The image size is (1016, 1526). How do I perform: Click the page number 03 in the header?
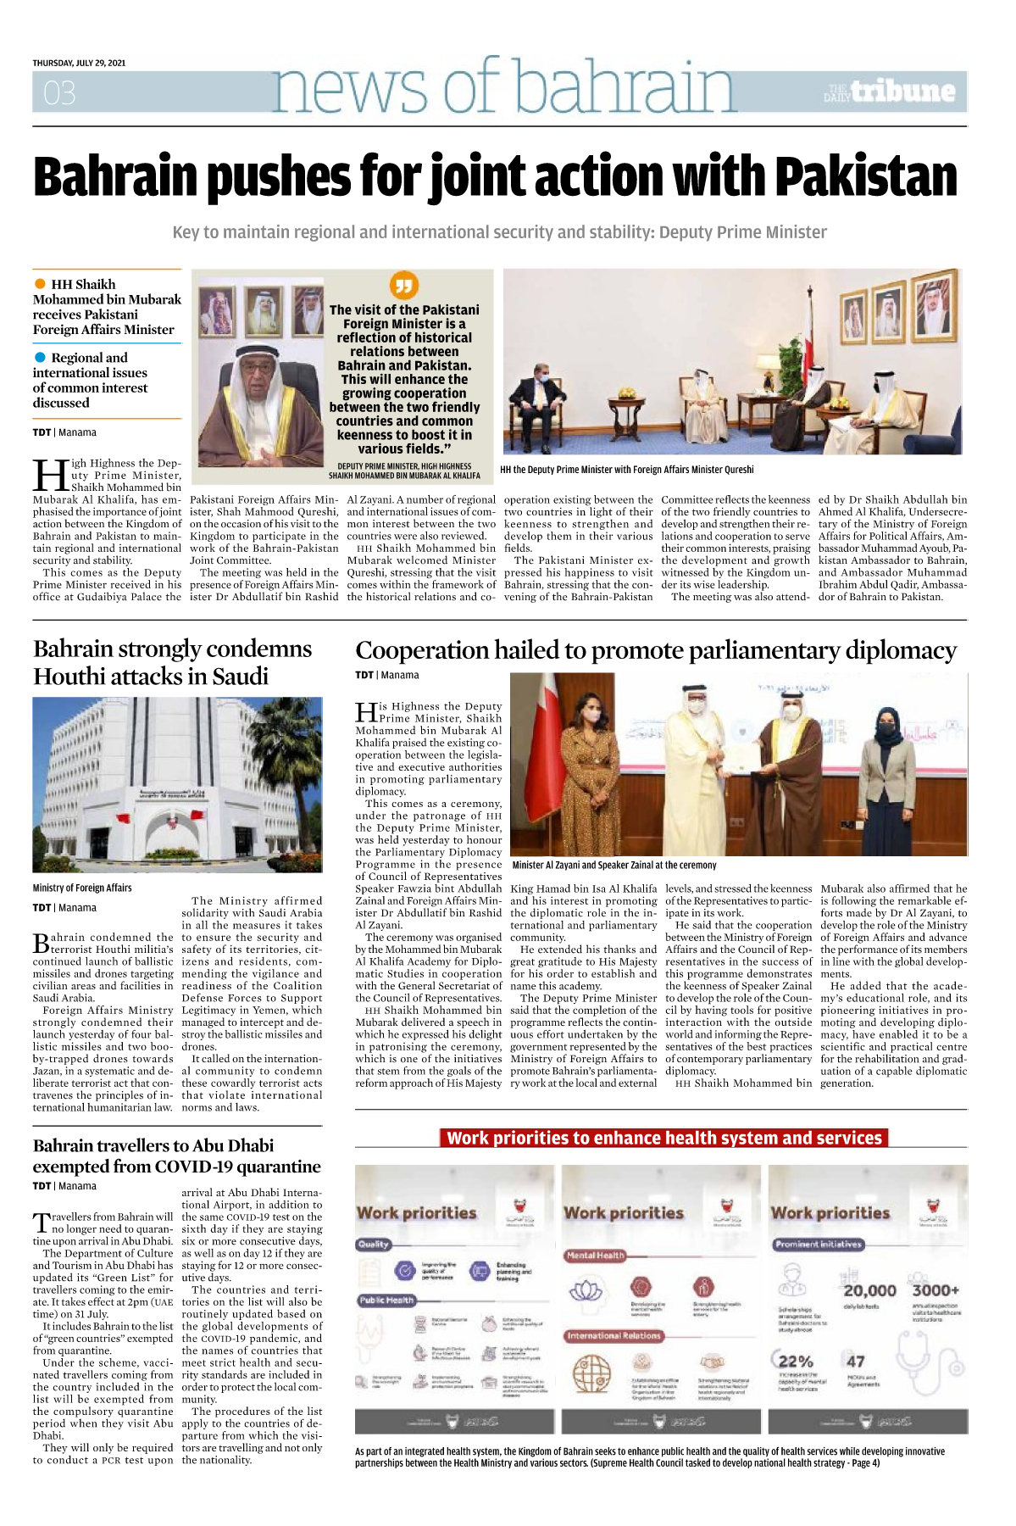coord(59,92)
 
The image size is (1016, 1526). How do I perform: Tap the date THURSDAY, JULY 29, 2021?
coord(79,63)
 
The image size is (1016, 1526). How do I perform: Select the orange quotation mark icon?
coord(403,286)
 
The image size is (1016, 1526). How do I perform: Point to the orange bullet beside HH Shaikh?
coord(40,284)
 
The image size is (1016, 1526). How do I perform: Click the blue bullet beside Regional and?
coord(40,358)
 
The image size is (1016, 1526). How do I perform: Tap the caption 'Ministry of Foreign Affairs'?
coord(82,888)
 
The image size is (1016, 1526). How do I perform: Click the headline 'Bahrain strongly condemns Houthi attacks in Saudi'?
coord(172,662)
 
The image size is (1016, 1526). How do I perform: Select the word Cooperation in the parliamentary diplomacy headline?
coord(422,650)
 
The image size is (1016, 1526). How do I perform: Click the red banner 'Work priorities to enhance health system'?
coord(663,1138)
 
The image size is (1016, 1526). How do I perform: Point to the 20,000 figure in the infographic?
coord(869,1290)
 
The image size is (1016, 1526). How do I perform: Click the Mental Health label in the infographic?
coord(595,1255)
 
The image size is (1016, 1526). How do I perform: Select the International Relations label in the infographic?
coord(613,1335)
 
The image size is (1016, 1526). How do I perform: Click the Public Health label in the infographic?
coord(386,1300)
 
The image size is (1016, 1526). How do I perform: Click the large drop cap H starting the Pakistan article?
coord(49,476)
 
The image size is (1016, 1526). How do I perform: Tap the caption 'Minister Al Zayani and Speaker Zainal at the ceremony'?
coord(614,865)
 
